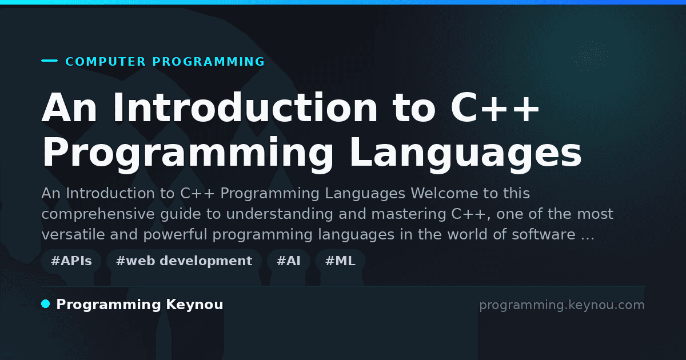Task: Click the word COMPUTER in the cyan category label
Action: (x=105, y=62)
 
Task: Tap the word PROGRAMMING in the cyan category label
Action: (x=208, y=62)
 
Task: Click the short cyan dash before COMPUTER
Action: (x=49, y=61)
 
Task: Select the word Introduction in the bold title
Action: (x=245, y=108)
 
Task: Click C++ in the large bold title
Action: (x=494, y=108)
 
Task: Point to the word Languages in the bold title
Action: (x=465, y=153)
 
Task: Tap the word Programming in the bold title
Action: (x=188, y=153)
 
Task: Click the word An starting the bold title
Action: (x=69, y=108)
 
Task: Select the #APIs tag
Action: (x=71, y=261)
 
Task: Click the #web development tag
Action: (x=184, y=261)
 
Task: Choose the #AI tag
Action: (x=289, y=261)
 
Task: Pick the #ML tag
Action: (x=340, y=261)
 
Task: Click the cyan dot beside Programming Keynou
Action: (x=46, y=304)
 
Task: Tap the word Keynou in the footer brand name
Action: (x=194, y=305)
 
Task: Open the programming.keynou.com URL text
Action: (x=562, y=305)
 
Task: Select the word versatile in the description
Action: (x=73, y=234)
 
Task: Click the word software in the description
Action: (x=544, y=234)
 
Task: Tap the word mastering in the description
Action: (x=409, y=214)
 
